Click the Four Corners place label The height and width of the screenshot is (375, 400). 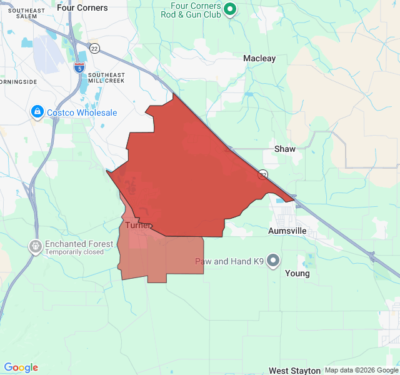[82, 8]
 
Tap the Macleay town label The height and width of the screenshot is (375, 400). [259, 58]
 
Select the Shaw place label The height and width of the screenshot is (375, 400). [285, 149]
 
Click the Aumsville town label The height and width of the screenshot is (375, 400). [288, 231]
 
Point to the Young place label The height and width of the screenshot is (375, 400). [297, 273]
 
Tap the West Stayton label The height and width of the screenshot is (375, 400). [294, 371]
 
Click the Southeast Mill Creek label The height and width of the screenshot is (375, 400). [106, 78]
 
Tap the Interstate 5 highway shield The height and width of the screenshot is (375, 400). [79, 67]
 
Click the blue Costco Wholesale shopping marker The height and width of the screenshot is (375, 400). [37, 112]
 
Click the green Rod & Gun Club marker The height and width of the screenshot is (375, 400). [229, 9]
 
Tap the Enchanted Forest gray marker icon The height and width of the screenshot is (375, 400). [36, 247]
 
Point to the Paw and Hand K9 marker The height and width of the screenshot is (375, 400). [273, 261]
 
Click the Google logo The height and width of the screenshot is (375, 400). [21, 367]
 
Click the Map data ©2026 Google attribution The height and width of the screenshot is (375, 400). [361, 371]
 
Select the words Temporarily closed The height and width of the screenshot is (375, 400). [74, 252]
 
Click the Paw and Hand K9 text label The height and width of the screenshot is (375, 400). [229, 261]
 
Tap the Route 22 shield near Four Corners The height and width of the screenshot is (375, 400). [94, 48]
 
